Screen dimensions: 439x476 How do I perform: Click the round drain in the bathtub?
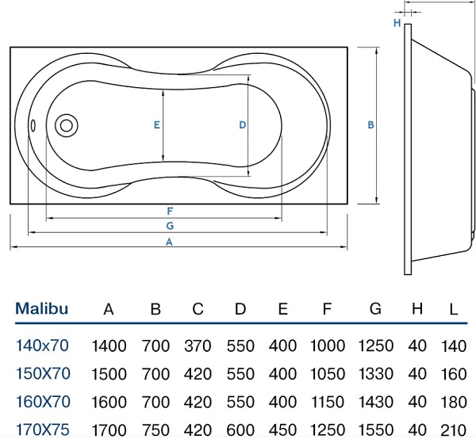pyautogui.click(x=67, y=124)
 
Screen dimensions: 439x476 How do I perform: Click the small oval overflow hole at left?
pyautogui.click(x=33, y=124)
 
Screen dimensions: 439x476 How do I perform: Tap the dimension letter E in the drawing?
pyautogui.click(x=157, y=125)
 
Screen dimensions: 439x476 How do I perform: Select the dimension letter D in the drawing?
pyautogui.click(x=242, y=125)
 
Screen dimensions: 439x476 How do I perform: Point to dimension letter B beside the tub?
pyautogui.click(x=370, y=124)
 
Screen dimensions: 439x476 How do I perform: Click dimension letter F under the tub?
pyautogui.click(x=170, y=211)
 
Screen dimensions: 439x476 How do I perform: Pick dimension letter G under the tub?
pyautogui.click(x=170, y=226)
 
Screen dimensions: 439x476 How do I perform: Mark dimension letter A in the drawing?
pyautogui.click(x=169, y=243)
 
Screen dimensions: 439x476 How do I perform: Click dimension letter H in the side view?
pyautogui.click(x=397, y=23)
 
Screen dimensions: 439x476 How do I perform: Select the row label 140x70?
pyautogui.click(x=43, y=345)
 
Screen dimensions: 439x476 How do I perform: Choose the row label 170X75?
pyautogui.click(x=43, y=429)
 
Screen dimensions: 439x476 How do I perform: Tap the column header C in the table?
pyautogui.click(x=198, y=309)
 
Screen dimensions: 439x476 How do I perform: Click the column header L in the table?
pyautogui.click(x=453, y=309)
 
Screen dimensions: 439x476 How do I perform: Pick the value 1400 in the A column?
pyautogui.click(x=109, y=345)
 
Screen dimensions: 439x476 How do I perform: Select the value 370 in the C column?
pyautogui.click(x=198, y=345)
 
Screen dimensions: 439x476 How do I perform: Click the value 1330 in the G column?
pyautogui.click(x=375, y=373)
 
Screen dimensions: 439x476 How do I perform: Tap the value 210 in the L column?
pyautogui.click(x=453, y=429)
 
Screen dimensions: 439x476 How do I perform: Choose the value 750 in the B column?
pyautogui.click(x=156, y=429)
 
